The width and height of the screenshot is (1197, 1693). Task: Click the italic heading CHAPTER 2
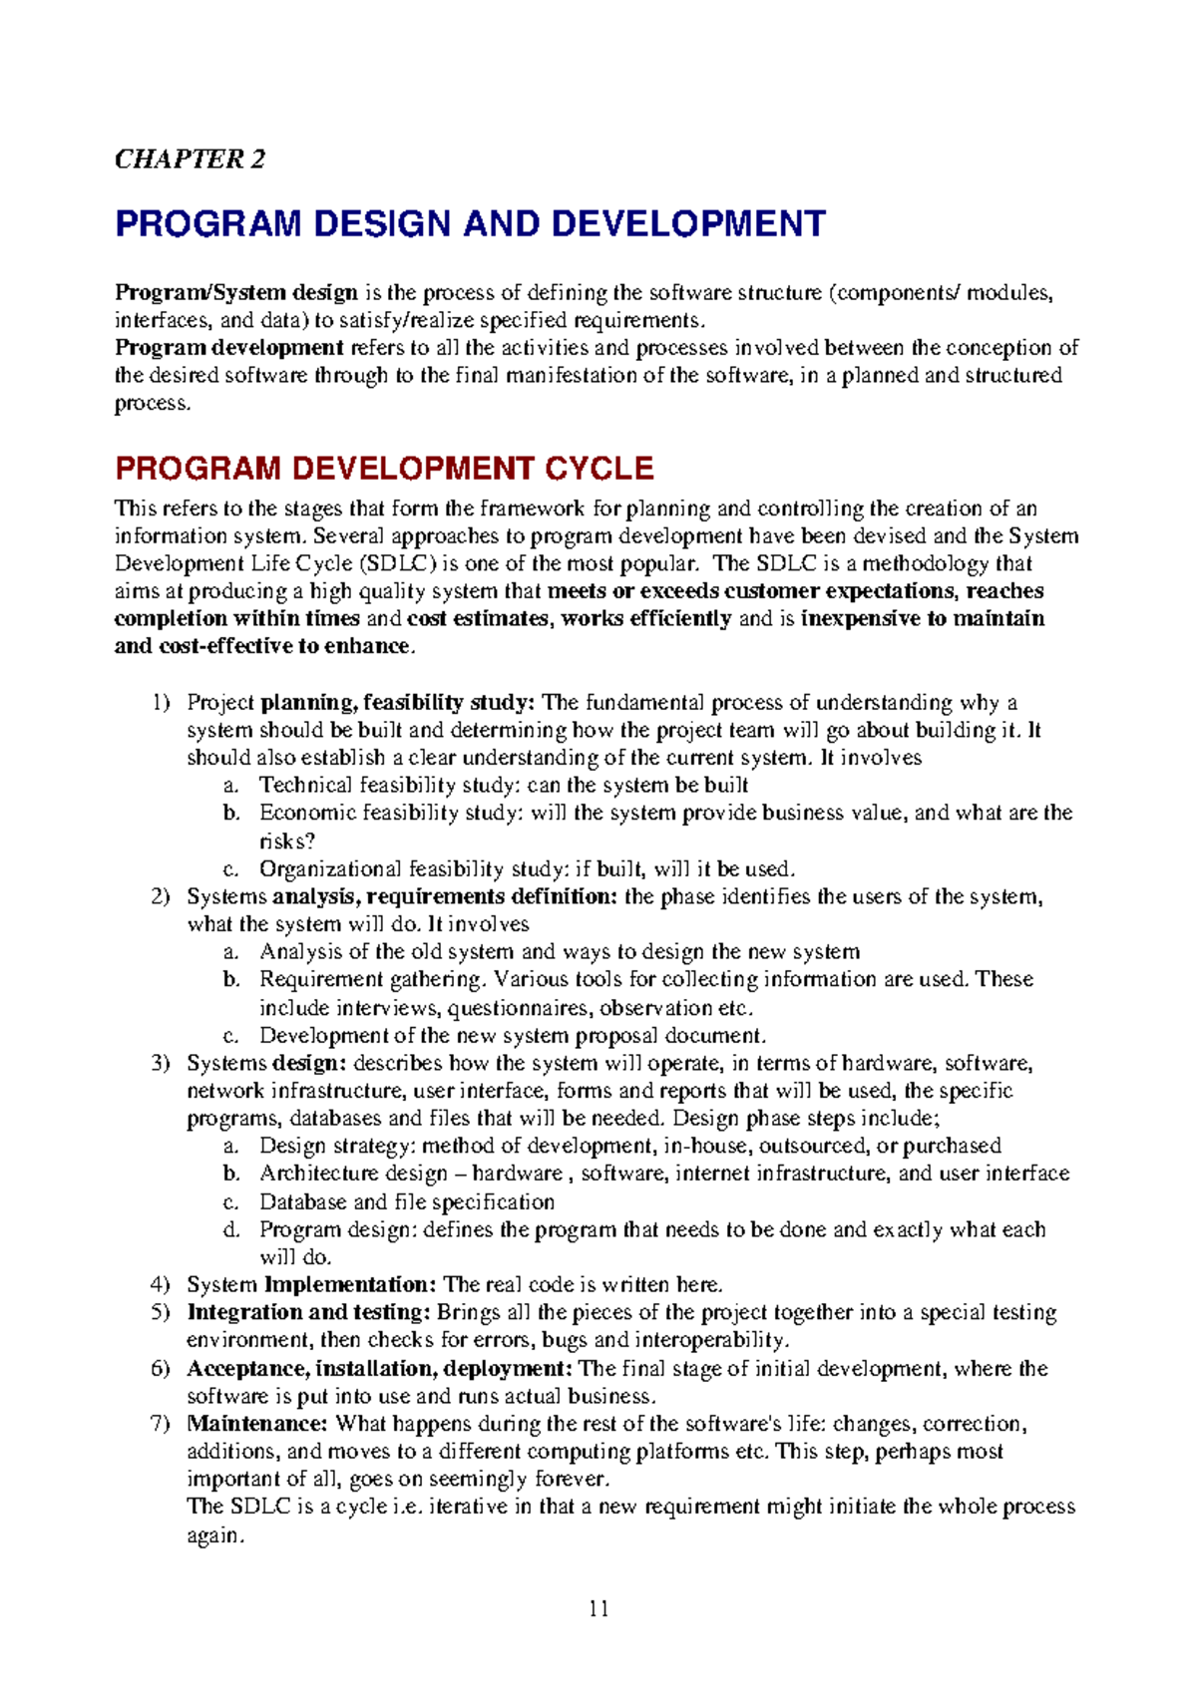[190, 160]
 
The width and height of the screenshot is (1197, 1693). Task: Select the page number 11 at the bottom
[598, 1608]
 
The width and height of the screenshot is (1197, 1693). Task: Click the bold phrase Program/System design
[236, 293]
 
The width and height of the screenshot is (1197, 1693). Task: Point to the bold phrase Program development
[228, 348]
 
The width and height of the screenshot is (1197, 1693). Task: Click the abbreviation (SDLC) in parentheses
[398, 563]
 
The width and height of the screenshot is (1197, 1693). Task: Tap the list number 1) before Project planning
[162, 703]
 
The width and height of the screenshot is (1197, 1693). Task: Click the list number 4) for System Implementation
[162, 1285]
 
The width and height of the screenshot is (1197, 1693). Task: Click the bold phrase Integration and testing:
[308, 1313]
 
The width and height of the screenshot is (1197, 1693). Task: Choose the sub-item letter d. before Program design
[231, 1229]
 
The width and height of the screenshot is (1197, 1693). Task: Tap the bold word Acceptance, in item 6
[247, 1369]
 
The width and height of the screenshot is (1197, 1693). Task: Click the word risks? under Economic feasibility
[287, 841]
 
